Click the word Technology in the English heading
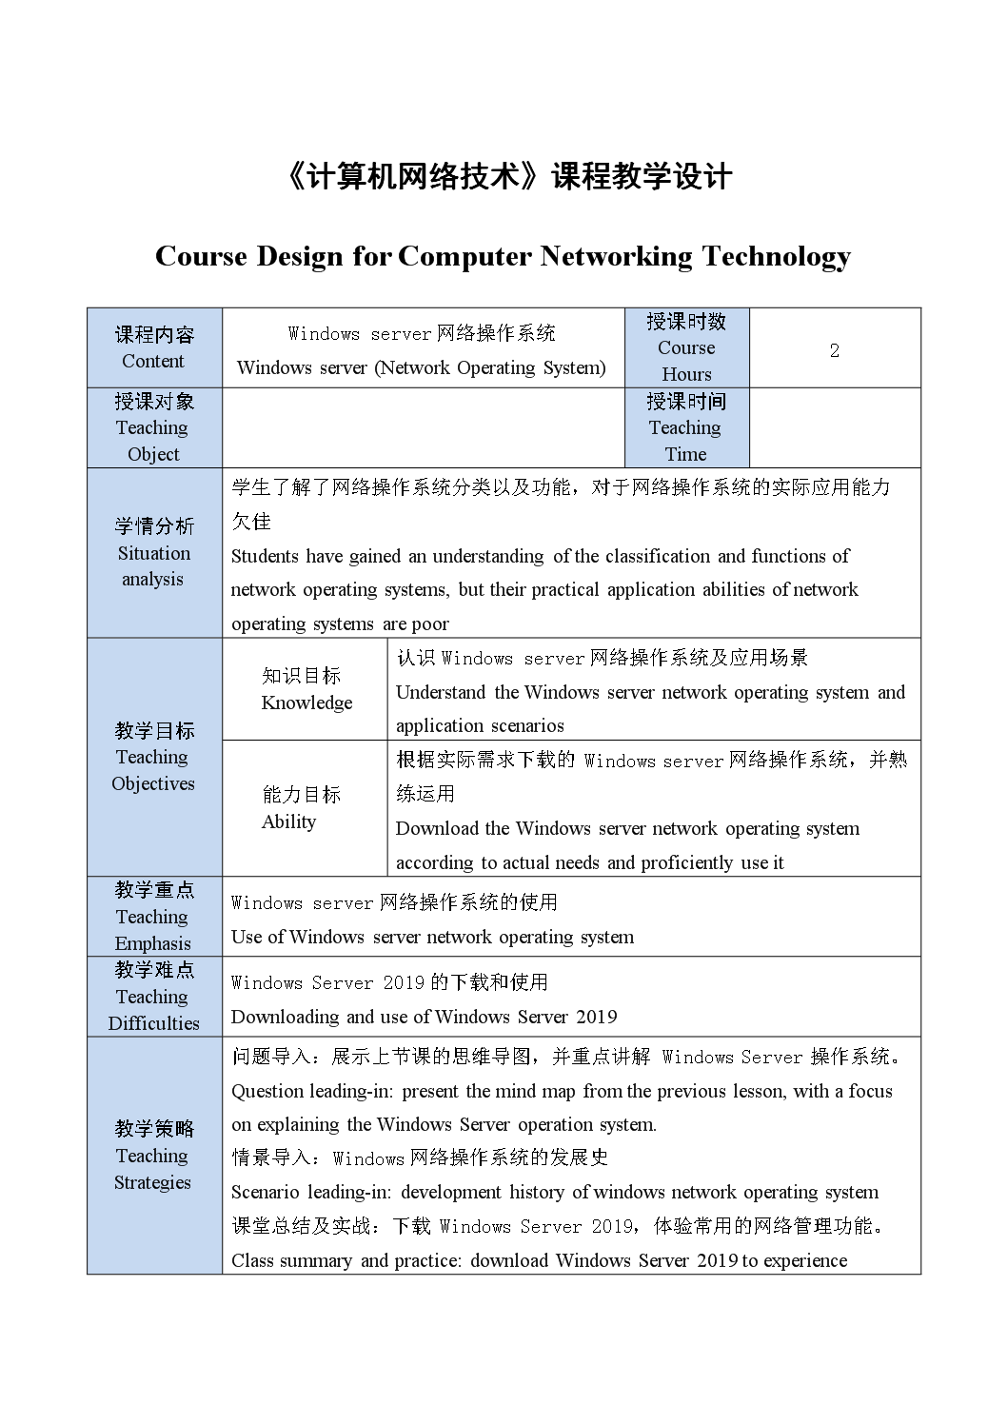pyautogui.click(x=776, y=256)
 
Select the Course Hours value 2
pyautogui.click(x=834, y=350)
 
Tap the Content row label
pyautogui.click(x=154, y=347)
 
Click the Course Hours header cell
pyautogui.click(x=686, y=347)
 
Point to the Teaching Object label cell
pyautogui.click(x=154, y=427)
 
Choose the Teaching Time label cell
pyautogui.click(x=686, y=427)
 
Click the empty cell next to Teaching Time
pyautogui.click(x=834, y=427)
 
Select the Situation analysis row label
pyautogui.click(x=154, y=552)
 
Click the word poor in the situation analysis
pyautogui.click(x=430, y=624)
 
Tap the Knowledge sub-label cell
pyautogui.click(x=306, y=689)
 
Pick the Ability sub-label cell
pyautogui.click(x=301, y=807)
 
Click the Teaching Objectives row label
pyautogui.click(x=154, y=757)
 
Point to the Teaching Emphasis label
pyautogui.click(x=154, y=917)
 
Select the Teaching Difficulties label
pyautogui.click(x=154, y=997)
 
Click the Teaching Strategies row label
pyautogui.click(x=154, y=1155)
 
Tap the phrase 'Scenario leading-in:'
pyautogui.click(x=311, y=1193)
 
